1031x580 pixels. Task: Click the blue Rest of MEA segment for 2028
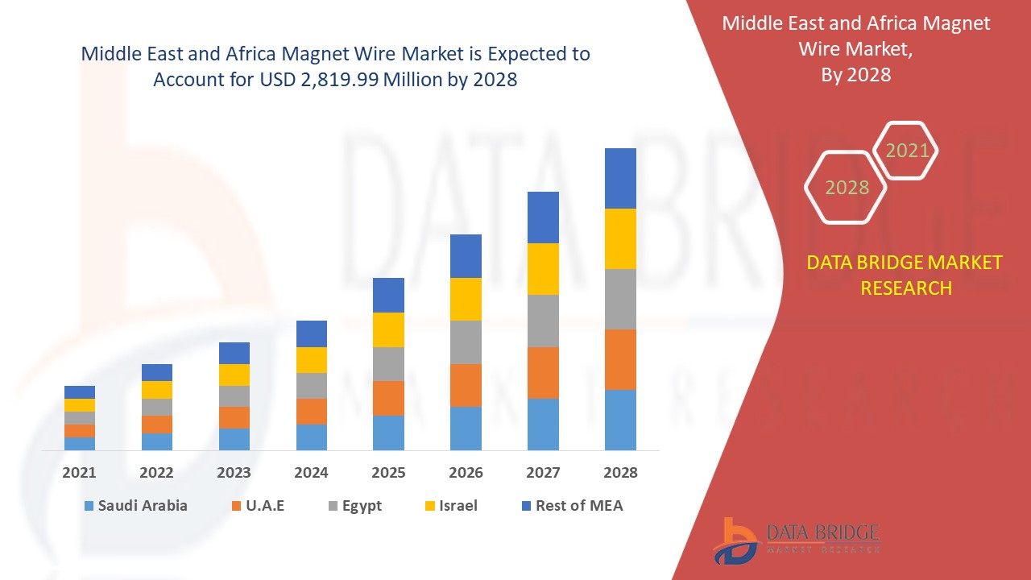pos(620,178)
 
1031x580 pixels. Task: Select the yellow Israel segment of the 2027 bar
pos(543,268)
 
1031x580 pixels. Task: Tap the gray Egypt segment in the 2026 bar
pos(466,342)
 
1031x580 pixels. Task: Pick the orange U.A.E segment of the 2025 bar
pos(388,398)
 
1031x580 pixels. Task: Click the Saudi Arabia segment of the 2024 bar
pos(312,437)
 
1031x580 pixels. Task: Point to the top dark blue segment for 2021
pos(80,392)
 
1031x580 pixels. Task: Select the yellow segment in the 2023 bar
pos(234,375)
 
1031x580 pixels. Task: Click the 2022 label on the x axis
pos(156,473)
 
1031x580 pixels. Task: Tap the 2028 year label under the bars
pos(620,473)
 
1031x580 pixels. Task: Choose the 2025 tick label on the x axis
pos(388,473)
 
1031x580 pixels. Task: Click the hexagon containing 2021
pos(907,150)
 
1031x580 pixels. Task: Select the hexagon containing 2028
pos(847,187)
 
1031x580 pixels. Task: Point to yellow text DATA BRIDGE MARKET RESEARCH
pos(905,275)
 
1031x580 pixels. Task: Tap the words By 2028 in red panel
pos(855,75)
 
